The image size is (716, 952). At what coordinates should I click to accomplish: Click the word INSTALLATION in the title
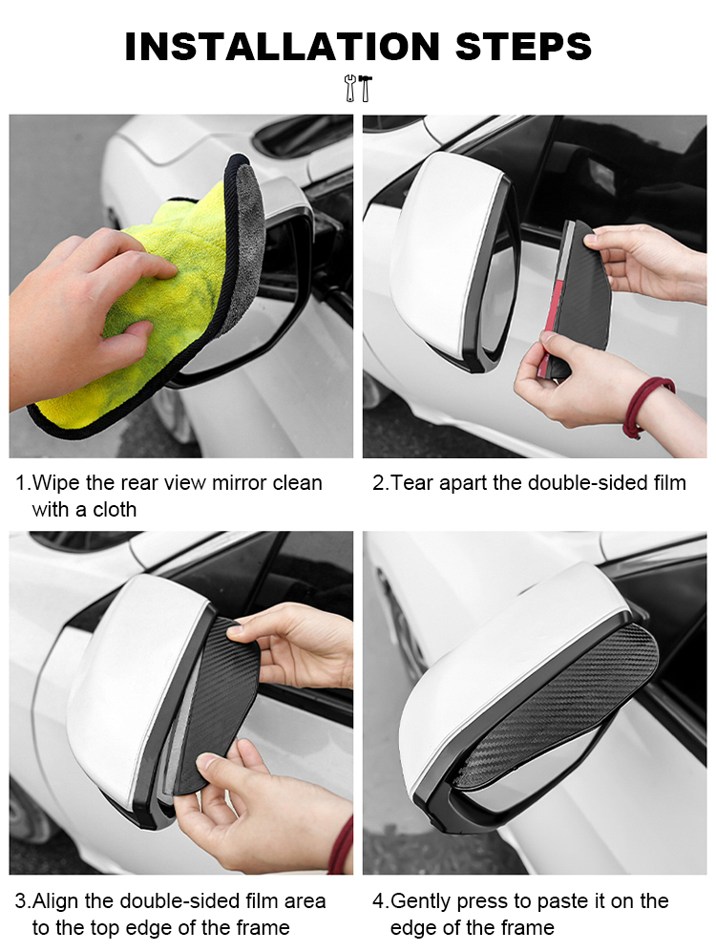(x=282, y=47)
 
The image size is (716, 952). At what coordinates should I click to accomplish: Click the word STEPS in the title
(x=523, y=47)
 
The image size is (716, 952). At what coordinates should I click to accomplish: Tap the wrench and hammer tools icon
(x=358, y=88)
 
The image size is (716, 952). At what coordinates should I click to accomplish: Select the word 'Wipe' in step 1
(x=56, y=482)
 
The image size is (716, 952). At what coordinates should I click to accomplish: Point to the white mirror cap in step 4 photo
(x=504, y=674)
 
